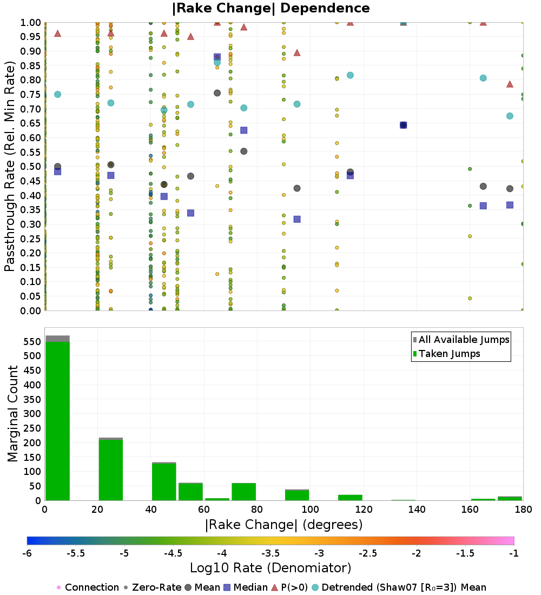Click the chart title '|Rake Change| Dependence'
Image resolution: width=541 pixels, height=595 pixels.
(270, 8)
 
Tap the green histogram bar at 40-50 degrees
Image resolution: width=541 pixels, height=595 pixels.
(164, 481)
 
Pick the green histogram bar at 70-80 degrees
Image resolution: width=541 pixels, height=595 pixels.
(243, 492)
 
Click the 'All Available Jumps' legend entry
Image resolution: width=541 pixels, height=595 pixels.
(464, 340)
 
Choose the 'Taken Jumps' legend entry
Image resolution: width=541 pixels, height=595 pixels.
(449, 354)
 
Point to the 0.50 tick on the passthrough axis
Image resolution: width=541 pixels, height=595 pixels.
(31, 167)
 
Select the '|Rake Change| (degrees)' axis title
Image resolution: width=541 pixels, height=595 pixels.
(283, 525)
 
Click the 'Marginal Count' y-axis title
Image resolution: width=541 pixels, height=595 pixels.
(14, 414)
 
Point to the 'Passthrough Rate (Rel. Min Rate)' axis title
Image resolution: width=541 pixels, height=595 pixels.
(11, 167)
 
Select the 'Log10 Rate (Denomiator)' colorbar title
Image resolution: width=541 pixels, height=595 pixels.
(270, 568)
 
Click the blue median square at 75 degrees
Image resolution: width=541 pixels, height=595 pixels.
(243, 130)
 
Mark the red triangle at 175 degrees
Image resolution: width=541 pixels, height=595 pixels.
(510, 84)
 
